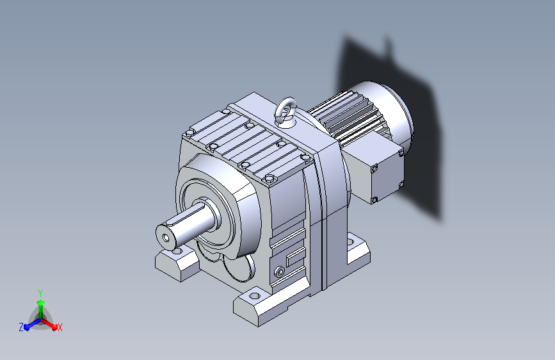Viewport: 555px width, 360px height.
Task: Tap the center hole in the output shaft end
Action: tap(166, 238)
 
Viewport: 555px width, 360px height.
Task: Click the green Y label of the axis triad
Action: tap(40, 293)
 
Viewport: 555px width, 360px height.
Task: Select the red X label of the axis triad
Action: tap(60, 327)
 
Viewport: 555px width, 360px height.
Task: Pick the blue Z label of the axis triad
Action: tap(21, 327)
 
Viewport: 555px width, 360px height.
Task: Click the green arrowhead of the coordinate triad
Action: tap(41, 302)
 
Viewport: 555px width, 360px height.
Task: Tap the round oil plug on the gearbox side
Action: tap(280, 272)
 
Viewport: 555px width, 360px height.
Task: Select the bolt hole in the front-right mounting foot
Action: tap(254, 296)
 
